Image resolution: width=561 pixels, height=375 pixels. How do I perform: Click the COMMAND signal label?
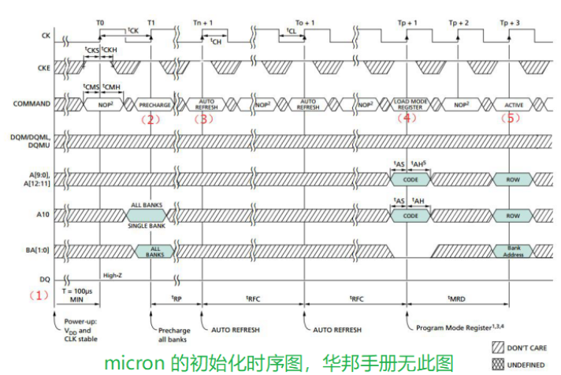pyautogui.click(x=34, y=104)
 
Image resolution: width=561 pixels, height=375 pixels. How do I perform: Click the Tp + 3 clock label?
pyautogui.click(x=510, y=23)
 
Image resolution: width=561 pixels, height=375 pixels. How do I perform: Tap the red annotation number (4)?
pyautogui.click(x=407, y=119)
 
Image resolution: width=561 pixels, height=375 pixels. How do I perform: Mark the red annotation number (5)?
pyautogui.click(x=511, y=119)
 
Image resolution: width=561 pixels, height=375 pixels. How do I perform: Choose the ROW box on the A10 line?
pyautogui.click(x=513, y=215)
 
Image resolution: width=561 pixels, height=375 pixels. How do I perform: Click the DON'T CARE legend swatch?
pyautogui.click(x=498, y=347)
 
